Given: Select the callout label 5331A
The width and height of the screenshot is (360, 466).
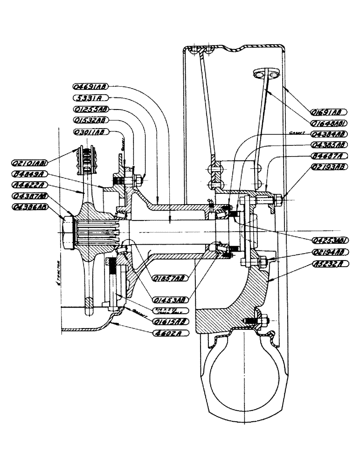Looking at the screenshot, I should [x=90, y=98].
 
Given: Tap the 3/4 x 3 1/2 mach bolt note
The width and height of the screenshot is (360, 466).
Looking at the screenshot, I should [x=170, y=310].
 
